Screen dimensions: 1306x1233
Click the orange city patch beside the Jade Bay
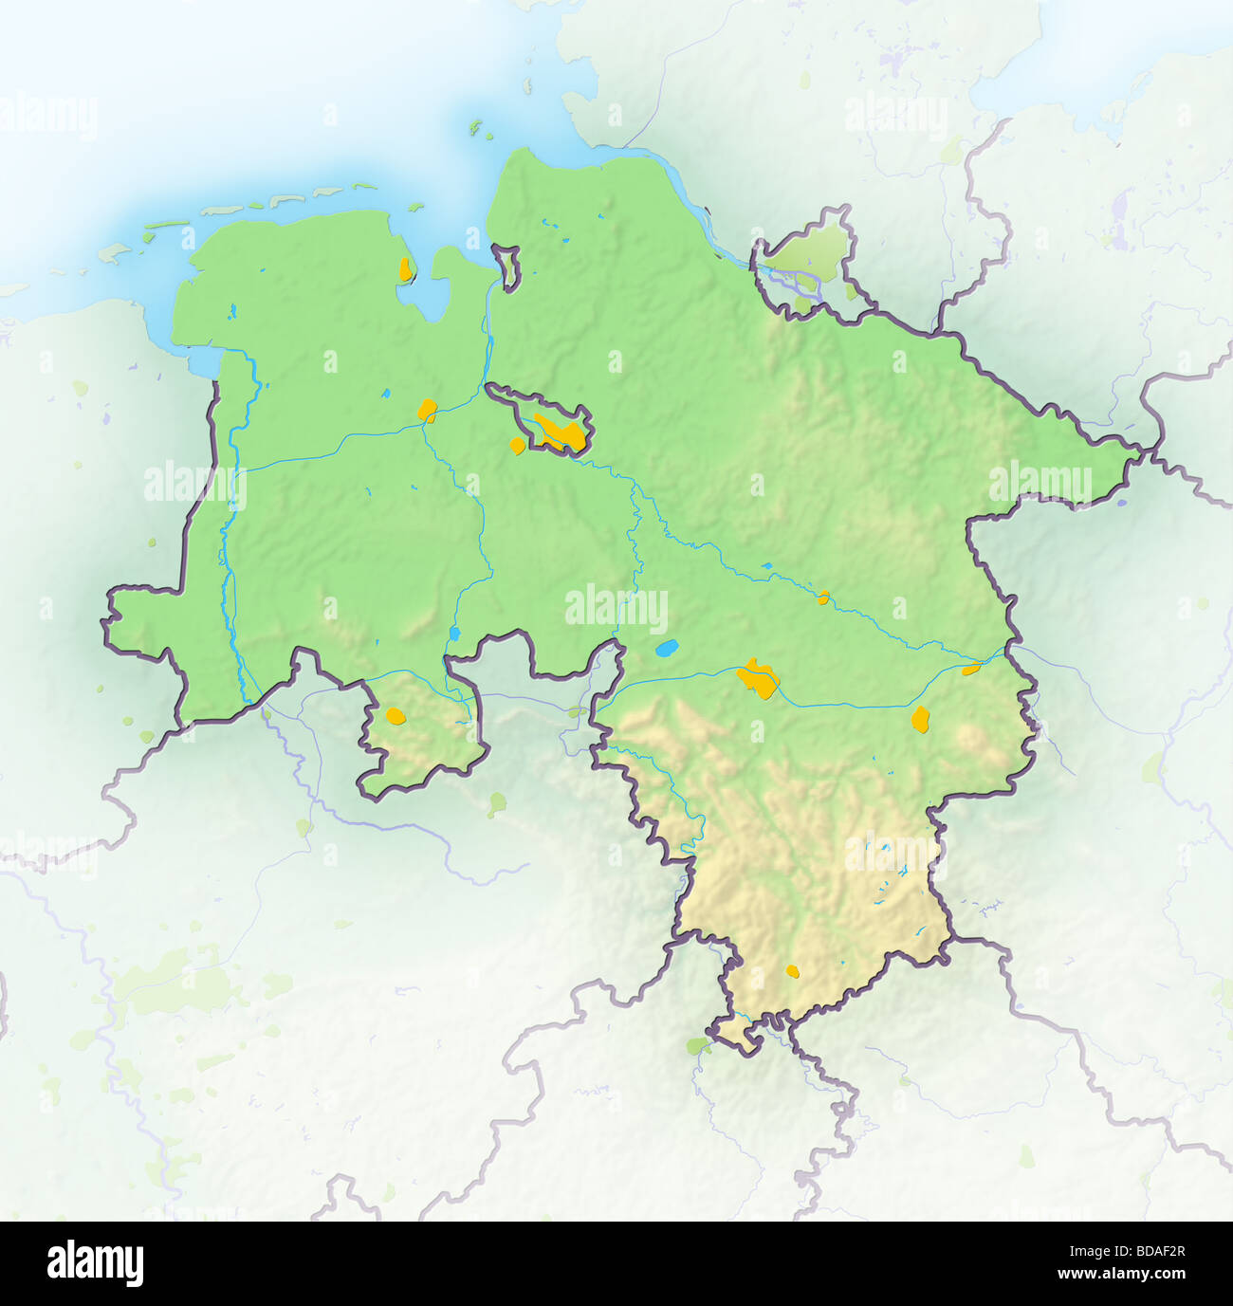click(x=406, y=268)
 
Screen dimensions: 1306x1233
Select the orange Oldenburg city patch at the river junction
click(x=428, y=411)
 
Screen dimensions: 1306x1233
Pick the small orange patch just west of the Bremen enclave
click(x=518, y=445)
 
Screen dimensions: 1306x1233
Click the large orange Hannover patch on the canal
click(x=759, y=678)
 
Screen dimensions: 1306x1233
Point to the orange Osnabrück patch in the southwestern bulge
click(x=396, y=715)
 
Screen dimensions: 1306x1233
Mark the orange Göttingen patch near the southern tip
click(x=793, y=971)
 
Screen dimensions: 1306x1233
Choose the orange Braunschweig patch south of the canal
click(x=920, y=719)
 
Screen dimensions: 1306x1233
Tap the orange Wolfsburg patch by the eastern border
click(x=970, y=670)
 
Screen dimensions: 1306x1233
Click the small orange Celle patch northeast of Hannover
click(x=824, y=598)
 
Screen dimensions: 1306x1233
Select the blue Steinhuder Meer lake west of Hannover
click(x=668, y=650)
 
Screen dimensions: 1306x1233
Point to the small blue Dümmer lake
click(x=454, y=632)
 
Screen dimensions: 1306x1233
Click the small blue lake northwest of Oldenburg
click(x=385, y=394)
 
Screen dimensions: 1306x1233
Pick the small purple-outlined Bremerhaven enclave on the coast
click(x=509, y=267)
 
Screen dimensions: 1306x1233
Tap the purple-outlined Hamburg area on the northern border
click(x=806, y=261)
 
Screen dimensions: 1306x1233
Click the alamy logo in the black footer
click(x=95, y=1264)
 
